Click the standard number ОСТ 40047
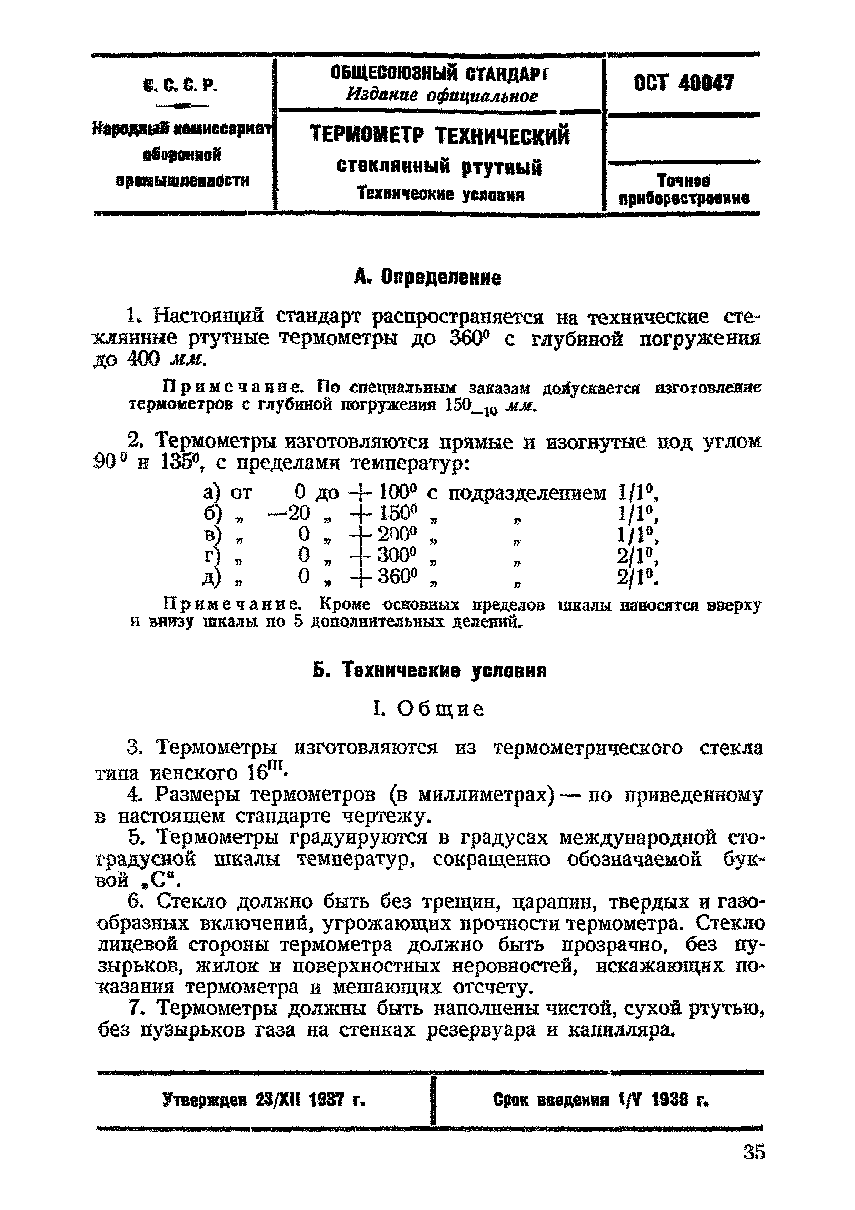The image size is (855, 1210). coord(683,83)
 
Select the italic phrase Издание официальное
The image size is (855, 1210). coord(442,96)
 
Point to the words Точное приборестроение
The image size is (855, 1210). coord(684,190)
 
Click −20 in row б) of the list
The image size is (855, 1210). coord(289,513)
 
